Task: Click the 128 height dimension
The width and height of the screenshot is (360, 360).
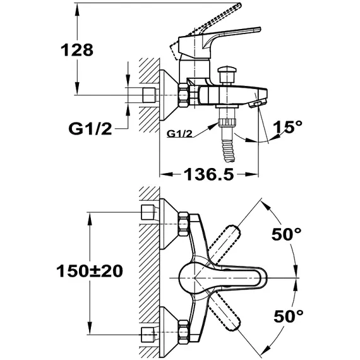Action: pos(77,50)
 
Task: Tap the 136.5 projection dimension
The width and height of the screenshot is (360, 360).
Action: pos(208,174)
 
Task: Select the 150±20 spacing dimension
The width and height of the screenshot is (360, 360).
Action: pos(90,271)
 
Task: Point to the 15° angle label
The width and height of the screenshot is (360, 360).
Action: pos(287,126)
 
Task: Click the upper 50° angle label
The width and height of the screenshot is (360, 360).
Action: pos(286,234)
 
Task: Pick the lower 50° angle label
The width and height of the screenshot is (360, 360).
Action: pos(289,316)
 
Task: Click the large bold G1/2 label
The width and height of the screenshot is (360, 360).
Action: pos(90,129)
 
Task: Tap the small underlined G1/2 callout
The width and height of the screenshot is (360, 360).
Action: pos(179,133)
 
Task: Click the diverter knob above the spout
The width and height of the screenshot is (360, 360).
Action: pos(227,75)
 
